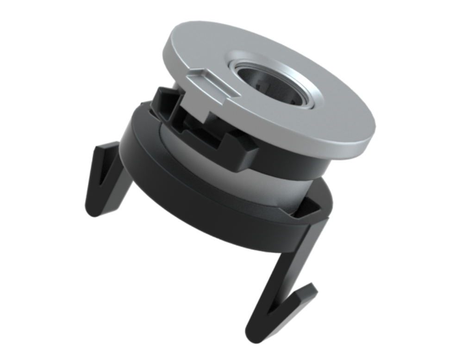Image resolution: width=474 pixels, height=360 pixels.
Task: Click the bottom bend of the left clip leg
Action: click(93, 211)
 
